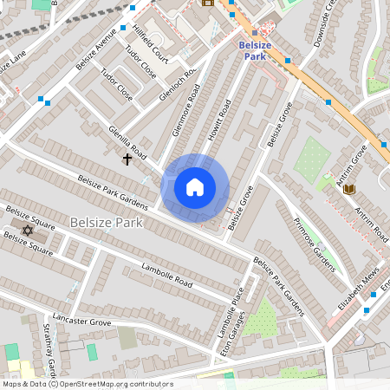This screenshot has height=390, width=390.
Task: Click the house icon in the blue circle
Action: point(195,187)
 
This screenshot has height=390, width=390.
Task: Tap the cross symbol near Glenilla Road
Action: point(127,159)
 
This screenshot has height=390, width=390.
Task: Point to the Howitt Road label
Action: point(224,120)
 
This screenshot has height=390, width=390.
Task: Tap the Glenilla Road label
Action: point(127,135)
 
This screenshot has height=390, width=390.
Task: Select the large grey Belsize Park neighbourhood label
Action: point(106,223)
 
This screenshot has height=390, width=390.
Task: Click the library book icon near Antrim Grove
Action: point(348,189)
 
